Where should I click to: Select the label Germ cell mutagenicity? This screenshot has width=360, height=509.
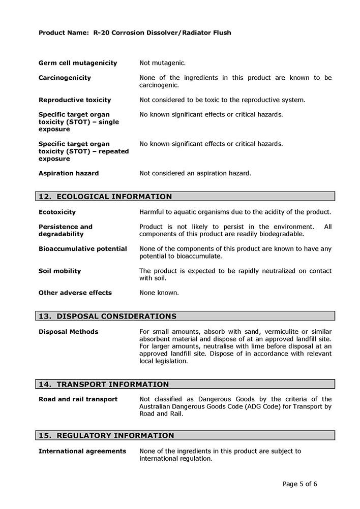(x=78, y=63)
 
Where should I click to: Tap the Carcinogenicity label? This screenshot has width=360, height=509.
(x=65, y=78)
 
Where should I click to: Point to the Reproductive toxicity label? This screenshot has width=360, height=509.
(x=75, y=100)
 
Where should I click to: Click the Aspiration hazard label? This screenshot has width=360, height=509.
(x=69, y=173)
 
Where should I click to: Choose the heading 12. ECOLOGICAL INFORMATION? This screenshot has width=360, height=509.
(x=105, y=197)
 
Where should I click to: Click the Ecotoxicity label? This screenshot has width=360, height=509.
(x=57, y=212)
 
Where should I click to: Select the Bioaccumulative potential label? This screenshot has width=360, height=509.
(x=83, y=249)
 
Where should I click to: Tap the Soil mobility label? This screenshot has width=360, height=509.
(x=59, y=271)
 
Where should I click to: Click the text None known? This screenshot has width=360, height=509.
(x=159, y=293)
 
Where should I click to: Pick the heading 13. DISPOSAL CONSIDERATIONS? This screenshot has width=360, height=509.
(x=108, y=316)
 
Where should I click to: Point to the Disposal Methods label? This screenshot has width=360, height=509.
(x=69, y=332)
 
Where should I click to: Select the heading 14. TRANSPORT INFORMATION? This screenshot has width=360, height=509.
(x=104, y=385)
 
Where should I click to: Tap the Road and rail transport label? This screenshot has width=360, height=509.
(x=78, y=399)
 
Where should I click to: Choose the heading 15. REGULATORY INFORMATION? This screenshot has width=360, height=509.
(x=106, y=435)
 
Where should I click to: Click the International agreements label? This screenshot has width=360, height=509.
(x=82, y=451)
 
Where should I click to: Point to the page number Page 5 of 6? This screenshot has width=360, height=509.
(x=300, y=484)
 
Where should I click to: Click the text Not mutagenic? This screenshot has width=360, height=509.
(x=163, y=63)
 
